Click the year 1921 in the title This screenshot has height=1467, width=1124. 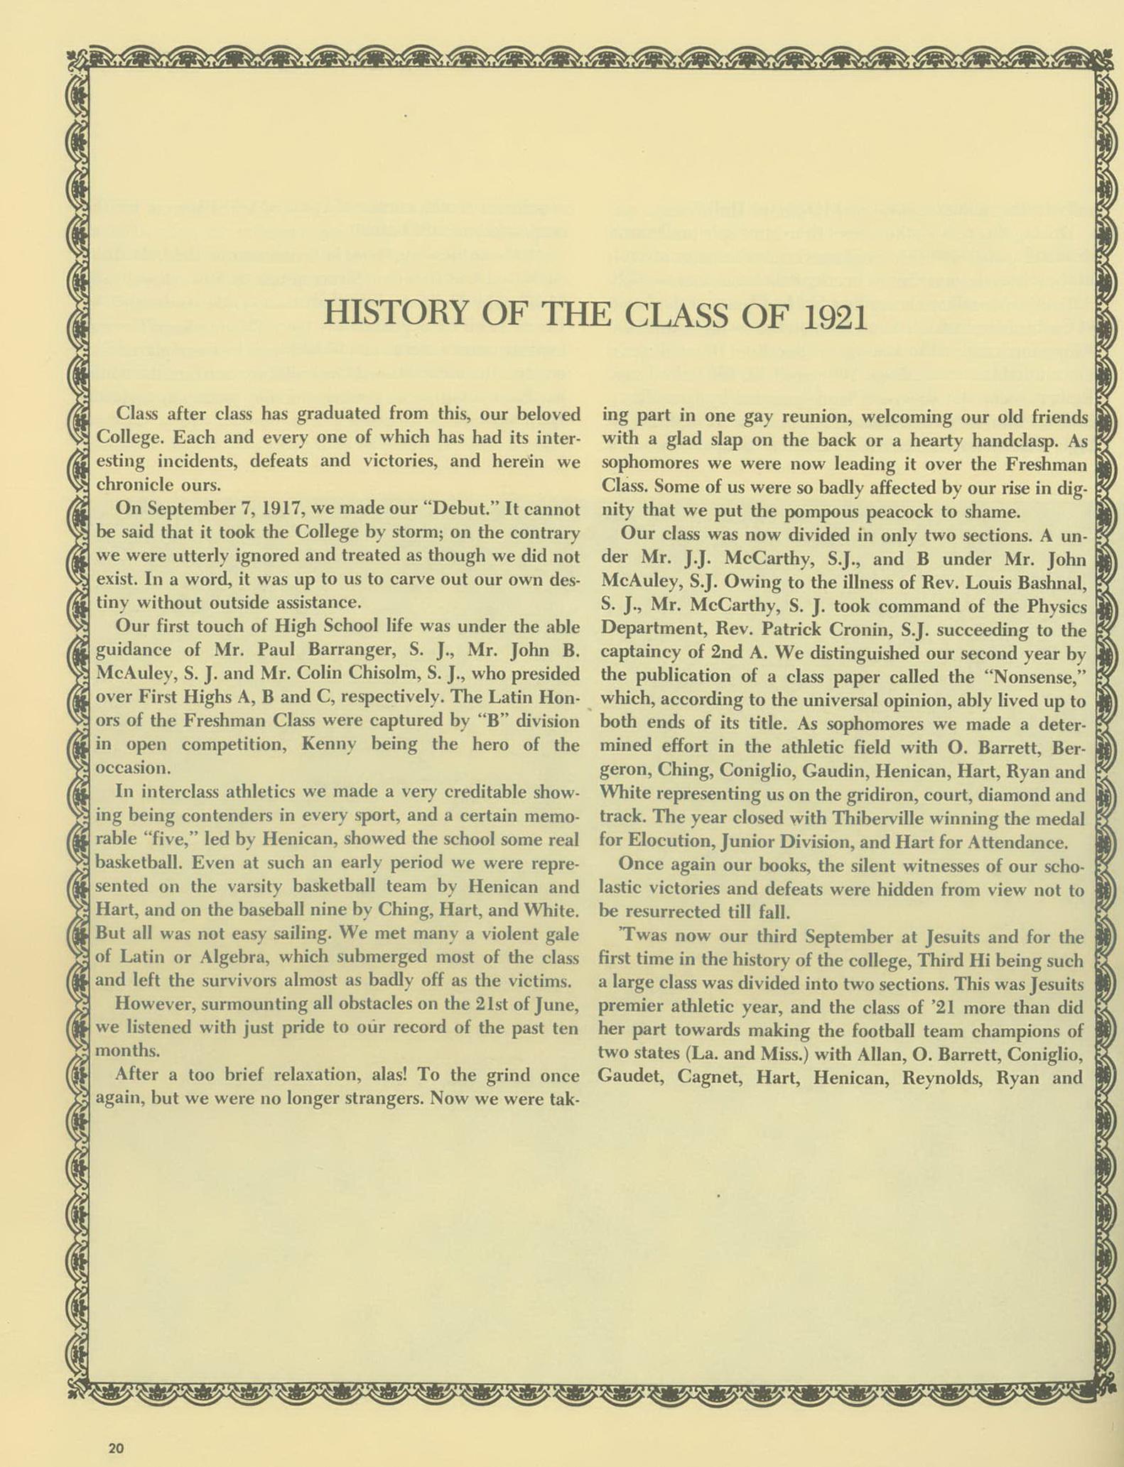pos(836,315)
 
